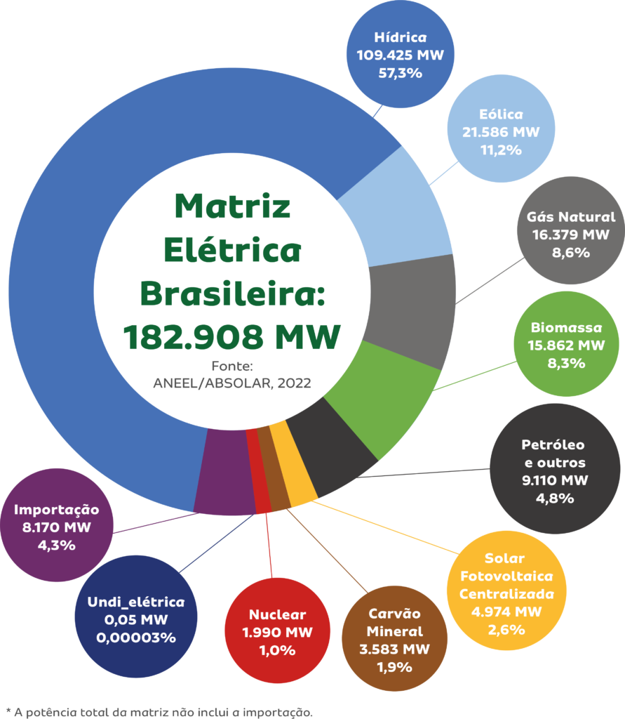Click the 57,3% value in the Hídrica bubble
pos(400,72)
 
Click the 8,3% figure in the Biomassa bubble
pos(566,363)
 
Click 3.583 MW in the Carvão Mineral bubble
pos(394,648)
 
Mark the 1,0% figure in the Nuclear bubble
pos(277,650)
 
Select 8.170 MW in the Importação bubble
pos(57,527)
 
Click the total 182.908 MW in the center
pos(232,337)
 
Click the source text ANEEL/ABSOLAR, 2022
pos(232,383)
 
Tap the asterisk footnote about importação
pos(159,712)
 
